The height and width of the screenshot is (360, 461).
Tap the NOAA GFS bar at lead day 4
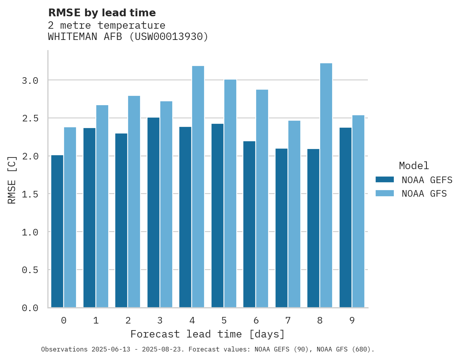pyautogui.click(x=198, y=187)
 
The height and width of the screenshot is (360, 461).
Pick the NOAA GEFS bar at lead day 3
pyautogui.click(x=153, y=212)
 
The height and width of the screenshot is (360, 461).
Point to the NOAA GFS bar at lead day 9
pyautogui.click(x=358, y=211)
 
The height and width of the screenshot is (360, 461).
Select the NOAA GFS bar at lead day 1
pyautogui.click(x=102, y=206)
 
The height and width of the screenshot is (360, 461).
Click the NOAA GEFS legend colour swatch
pyautogui.click(x=385, y=180)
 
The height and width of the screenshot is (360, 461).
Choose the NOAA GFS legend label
pyautogui.click(x=424, y=194)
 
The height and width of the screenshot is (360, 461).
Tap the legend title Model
pyautogui.click(x=414, y=166)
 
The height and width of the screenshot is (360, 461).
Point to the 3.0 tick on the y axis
pyautogui.click(x=30, y=80)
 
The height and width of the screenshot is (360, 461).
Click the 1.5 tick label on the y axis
pyautogui.click(x=30, y=194)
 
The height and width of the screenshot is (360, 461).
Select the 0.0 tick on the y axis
pyautogui.click(x=30, y=308)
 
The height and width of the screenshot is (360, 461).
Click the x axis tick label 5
pyautogui.click(x=224, y=320)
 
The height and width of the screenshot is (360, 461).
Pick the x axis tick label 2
pyautogui.click(x=128, y=320)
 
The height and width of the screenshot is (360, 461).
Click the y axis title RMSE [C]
pyautogui.click(x=12, y=180)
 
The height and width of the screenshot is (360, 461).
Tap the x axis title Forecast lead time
pyautogui.click(x=208, y=334)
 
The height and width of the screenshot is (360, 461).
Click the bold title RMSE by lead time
pyautogui.click(x=102, y=13)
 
